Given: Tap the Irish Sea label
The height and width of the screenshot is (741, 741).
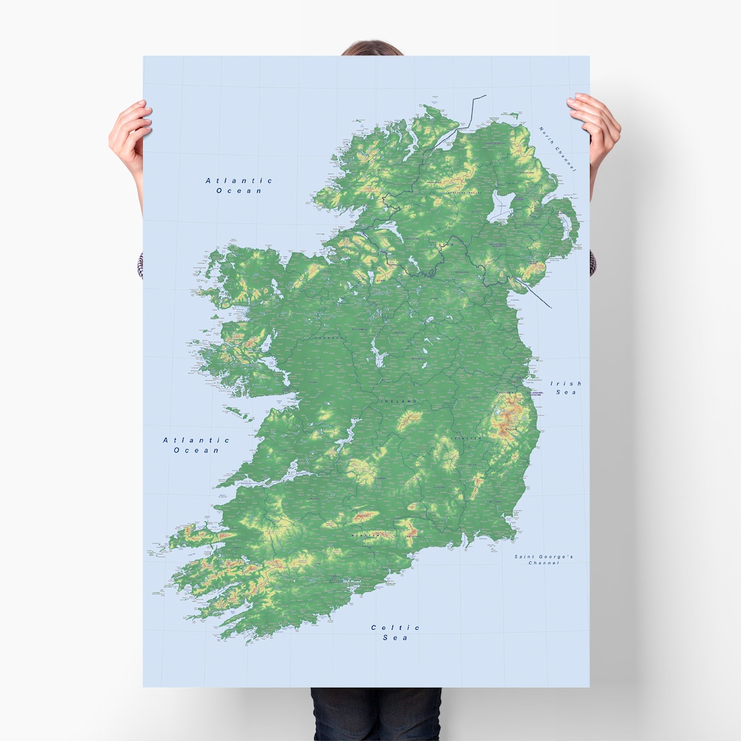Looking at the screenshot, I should (x=566, y=388).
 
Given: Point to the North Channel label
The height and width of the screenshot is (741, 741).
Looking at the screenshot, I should (x=557, y=148).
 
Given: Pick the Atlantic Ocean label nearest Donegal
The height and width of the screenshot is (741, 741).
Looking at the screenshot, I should (x=239, y=185).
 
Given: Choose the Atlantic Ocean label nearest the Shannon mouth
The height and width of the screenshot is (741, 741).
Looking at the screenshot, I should (x=196, y=445).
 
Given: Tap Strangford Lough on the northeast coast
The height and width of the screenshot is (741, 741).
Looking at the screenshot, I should (x=566, y=227).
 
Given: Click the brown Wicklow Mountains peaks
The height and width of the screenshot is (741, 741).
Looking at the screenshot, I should (x=508, y=419).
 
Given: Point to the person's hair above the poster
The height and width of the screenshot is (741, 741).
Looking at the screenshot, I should (x=371, y=49).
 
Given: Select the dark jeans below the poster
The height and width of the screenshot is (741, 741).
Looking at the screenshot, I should (x=375, y=714).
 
